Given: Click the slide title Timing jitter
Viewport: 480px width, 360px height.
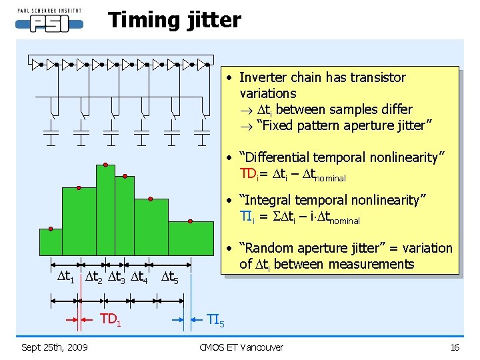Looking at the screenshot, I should (x=175, y=20).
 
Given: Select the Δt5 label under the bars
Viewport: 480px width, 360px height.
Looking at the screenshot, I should (x=169, y=276).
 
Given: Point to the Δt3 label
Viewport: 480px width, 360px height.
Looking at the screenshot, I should (x=118, y=276).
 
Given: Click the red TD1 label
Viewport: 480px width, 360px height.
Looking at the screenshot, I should (x=111, y=319).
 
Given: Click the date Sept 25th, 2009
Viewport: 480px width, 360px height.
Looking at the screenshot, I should (x=55, y=347).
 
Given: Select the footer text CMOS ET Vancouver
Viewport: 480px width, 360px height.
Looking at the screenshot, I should (x=241, y=347).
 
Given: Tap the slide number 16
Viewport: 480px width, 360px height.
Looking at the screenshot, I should (x=455, y=347).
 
